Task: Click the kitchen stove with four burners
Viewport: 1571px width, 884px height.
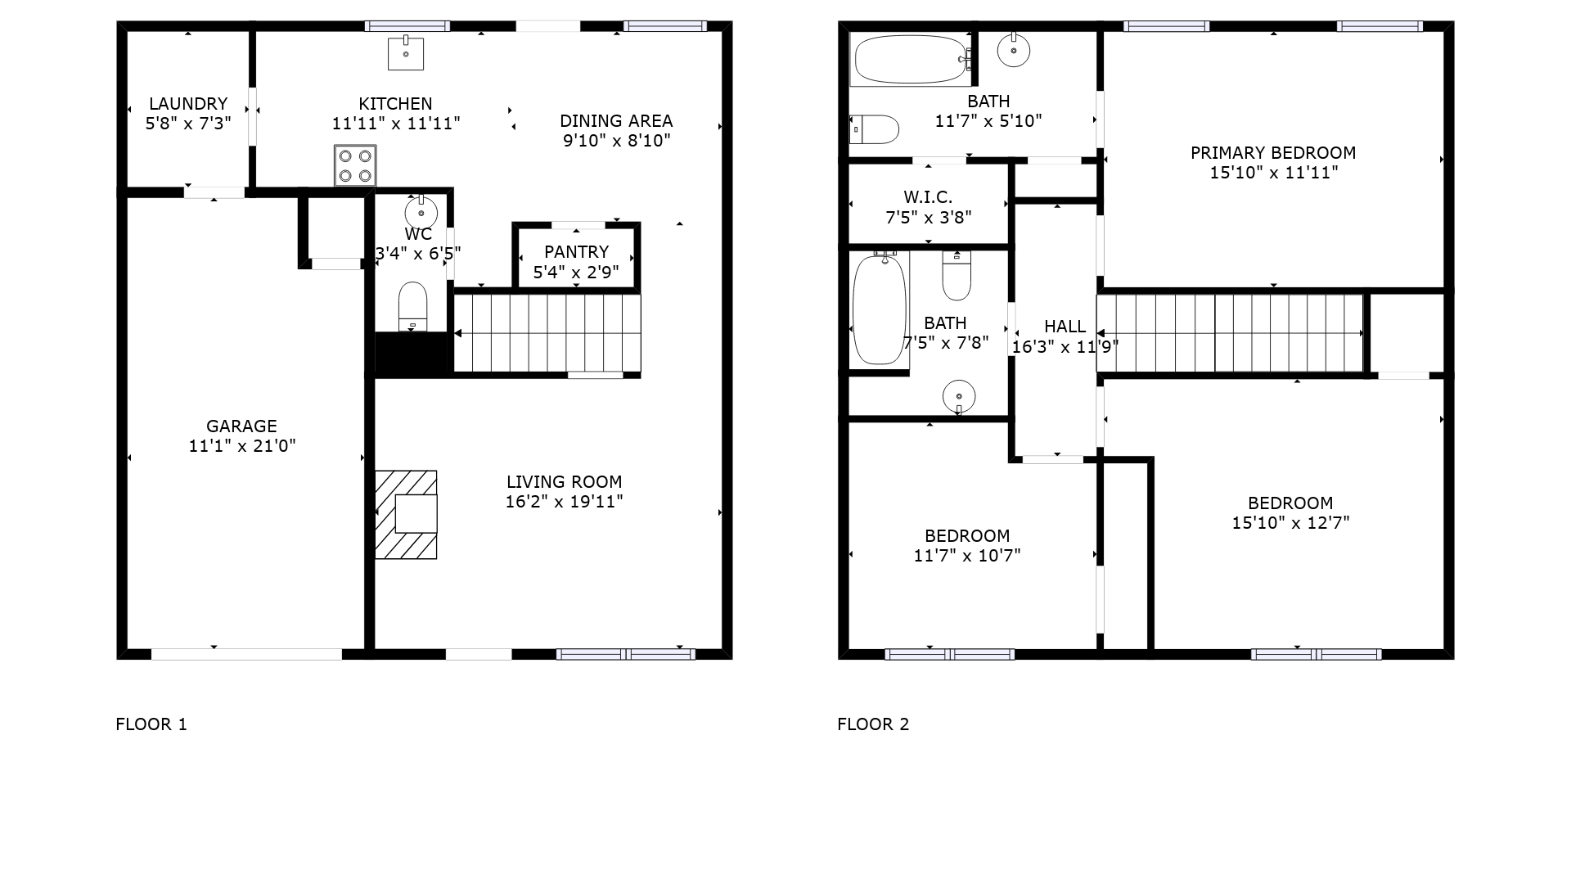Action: pyautogui.click(x=355, y=165)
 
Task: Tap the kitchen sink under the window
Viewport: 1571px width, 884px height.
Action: pyautogui.click(x=406, y=52)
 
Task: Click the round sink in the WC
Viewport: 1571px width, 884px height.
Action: pyautogui.click(x=421, y=212)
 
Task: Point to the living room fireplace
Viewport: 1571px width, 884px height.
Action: pyautogui.click(x=406, y=515)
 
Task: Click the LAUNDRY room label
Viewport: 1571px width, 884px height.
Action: pyautogui.click(x=188, y=104)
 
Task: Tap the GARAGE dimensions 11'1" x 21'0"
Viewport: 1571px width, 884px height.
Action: pyautogui.click(x=242, y=446)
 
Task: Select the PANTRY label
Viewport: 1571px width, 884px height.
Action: pyautogui.click(x=577, y=252)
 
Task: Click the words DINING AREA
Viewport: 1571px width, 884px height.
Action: pyautogui.click(x=616, y=121)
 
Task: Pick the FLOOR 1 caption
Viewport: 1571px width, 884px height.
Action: pyautogui.click(x=151, y=724)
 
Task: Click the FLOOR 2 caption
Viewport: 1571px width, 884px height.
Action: pyautogui.click(x=873, y=724)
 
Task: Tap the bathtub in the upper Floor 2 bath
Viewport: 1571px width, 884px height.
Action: pyautogui.click(x=911, y=59)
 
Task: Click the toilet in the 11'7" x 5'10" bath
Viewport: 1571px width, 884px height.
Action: pyautogui.click(x=875, y=129)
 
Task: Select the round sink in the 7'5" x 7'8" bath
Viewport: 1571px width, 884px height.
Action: pyautogui.click(x=959, y=397)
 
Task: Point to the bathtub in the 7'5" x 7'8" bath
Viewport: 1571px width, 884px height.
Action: pyautogui.click(x=880, y=309)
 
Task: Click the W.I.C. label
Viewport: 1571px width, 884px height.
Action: pyautogui.click(x=929, y=197)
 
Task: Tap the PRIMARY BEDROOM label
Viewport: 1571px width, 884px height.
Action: pyautogui.click(x=1273, y=153)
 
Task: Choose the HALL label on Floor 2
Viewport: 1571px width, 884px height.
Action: pyautogui.click(x=1065, y=327)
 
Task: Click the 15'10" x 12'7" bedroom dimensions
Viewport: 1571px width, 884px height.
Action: pyautogui.click(x=1291, y=523)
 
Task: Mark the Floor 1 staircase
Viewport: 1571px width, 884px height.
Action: pyautogui.click(x=547, y=333)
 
